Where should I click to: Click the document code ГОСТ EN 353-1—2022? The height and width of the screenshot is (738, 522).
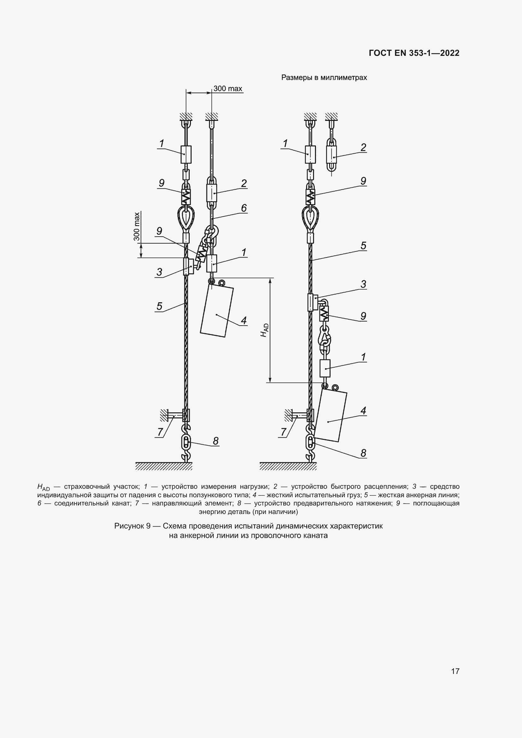[x=414, y=53]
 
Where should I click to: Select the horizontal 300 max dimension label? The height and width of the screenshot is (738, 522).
[x=228, y=88]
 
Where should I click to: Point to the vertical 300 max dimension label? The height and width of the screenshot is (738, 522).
[x=137, y=226]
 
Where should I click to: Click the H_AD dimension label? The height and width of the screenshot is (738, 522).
[x=264, y=330]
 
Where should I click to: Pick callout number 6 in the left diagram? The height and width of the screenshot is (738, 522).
[x=244, y=208]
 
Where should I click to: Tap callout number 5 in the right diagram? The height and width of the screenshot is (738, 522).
[x=363, y=245]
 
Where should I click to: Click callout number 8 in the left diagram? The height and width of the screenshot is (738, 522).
[x=216, y=441]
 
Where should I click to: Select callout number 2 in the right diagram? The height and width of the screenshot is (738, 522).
[x=363, y=147]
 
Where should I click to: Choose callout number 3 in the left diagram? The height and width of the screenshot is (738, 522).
[x=159, y=272]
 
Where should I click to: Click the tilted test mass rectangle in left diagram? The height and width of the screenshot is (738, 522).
[x=217, y=311]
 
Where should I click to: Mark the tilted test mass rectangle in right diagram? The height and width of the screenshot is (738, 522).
[x=330, y=416]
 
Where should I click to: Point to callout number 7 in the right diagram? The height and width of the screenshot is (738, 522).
[x=283, y=432]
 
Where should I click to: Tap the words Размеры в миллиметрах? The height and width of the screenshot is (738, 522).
[x=324, y=78]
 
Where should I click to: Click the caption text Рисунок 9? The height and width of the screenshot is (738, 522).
[x=132, y=526]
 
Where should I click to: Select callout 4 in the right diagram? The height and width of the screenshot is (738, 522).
[x=363, y=410]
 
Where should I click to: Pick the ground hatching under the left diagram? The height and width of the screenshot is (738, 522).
[x=163, y=466]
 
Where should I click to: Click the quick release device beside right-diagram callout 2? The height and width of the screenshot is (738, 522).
[x=331, y=157]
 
